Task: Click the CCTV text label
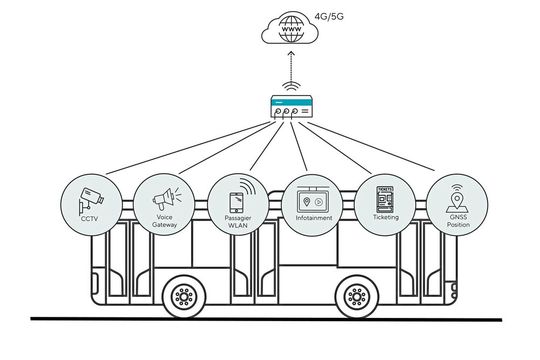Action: pos(90,217)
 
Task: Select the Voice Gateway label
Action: pos(164,222)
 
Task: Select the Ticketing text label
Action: pos(384,216)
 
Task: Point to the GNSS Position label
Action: pos(456,221)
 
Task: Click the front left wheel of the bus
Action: pos(183,296)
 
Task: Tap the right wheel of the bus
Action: pos(356,296)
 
